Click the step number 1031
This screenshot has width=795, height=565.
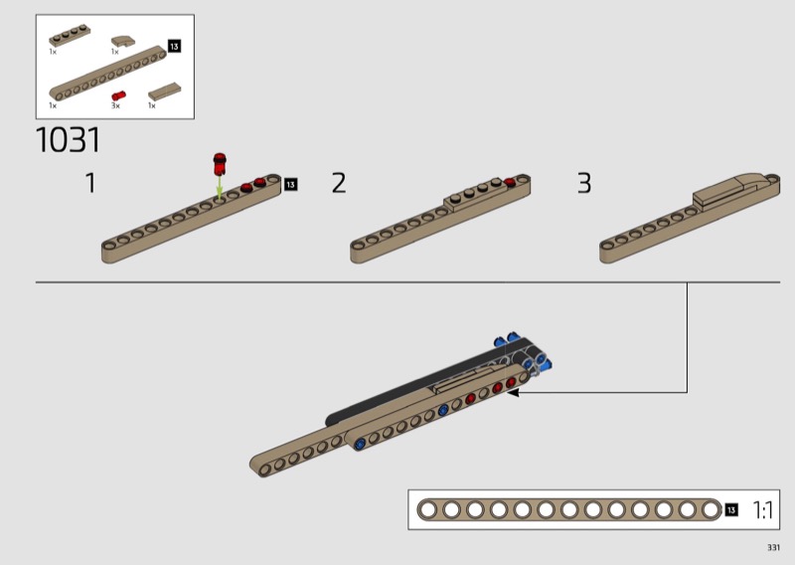68,140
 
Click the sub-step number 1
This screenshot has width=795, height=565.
90,183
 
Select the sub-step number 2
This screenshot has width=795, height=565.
339,183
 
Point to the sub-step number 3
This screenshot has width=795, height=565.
584,183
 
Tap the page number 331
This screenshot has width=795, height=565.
773,547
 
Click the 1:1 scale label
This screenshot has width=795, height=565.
762,509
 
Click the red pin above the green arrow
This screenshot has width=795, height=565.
220,163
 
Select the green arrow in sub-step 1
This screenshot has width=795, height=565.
219,188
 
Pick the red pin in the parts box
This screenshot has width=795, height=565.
118,95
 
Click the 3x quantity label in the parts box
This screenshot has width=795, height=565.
115,105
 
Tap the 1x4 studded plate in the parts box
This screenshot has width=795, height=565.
70,36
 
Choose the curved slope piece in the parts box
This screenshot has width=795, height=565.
123,41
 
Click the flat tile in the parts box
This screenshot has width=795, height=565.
164,92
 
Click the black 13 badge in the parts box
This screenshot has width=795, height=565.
174,46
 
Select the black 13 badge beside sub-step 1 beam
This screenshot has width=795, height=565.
290,184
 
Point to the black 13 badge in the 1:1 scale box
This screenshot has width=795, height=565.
730,509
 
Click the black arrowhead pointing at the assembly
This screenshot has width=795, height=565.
514,392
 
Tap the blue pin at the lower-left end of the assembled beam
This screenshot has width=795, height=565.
361,445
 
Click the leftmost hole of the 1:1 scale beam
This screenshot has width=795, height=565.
428,509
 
